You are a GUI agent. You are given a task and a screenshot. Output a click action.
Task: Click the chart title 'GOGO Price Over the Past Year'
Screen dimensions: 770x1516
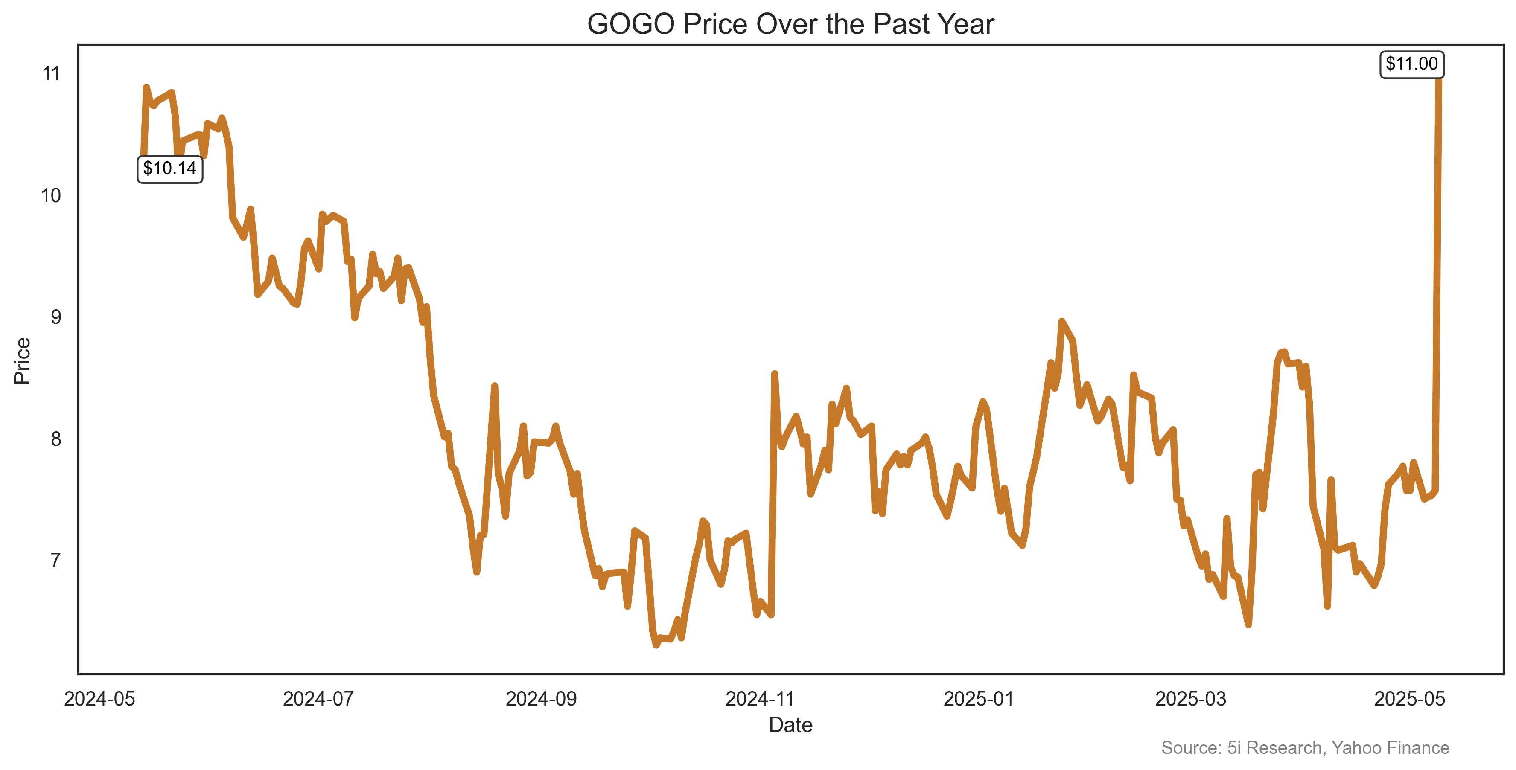pyautogui.click(x=790, y=25)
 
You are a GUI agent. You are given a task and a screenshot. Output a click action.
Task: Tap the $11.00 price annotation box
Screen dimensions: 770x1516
pyautogui.click(x=1411, y=64)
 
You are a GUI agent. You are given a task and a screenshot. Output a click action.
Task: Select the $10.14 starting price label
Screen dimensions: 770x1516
pyautogui.click(x=169, y=169)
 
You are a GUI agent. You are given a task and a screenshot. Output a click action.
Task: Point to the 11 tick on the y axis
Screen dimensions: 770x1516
pyautogui.click(x=51, y=73)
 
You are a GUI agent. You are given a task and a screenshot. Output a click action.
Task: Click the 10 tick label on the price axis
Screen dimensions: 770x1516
pyautogui.click(x=51, y=195)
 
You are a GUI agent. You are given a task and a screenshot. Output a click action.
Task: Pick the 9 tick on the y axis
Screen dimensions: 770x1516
pyautogui.click(x=55, y=317)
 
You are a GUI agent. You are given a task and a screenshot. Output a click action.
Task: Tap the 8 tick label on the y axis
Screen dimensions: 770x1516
pyautogui.click(x=55, y=439)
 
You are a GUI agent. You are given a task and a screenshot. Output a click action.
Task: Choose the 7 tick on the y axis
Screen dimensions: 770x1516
pyautogui.click(x=55, y=561)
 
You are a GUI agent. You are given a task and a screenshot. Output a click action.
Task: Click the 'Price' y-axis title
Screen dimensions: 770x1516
pyautogui.click(x=22, y=360)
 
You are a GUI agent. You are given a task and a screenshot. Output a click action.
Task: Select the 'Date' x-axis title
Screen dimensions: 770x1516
pyautogui.click(x=790, y=725)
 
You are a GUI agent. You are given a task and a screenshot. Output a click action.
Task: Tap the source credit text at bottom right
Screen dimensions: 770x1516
pyautogui.click(x=1305, y=748)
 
